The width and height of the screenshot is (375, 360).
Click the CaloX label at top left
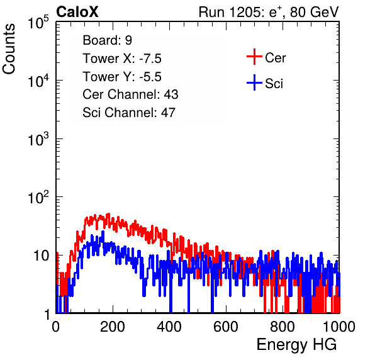(x=77, y=12)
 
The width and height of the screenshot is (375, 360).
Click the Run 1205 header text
(x=269, y=12)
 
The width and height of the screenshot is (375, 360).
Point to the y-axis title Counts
(x=9, y=49)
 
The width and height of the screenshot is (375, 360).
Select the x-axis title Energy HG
(x=296, y=345)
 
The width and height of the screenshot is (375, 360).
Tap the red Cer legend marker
(x=254, y=57)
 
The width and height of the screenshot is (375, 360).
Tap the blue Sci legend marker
(x=254, y=82)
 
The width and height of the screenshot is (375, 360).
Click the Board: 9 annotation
(x=107, y=40)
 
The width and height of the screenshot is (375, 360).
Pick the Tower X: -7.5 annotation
(x=122, y=59)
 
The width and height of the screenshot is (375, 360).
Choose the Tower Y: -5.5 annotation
(x=122, y=77)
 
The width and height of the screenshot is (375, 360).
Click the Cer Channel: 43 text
(x=130, y=94)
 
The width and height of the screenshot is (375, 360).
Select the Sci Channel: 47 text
(x=129, y=113)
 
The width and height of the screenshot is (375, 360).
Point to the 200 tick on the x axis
(x=113, y=327)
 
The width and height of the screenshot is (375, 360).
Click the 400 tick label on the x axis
(x=169, y=327)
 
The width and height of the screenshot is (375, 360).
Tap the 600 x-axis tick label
(x=226, y=327)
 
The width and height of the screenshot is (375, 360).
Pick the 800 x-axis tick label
(x=283, y=327)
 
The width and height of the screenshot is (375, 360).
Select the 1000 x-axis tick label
(x=339, y=327)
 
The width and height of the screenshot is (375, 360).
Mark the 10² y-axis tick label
(x=38, y=197)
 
